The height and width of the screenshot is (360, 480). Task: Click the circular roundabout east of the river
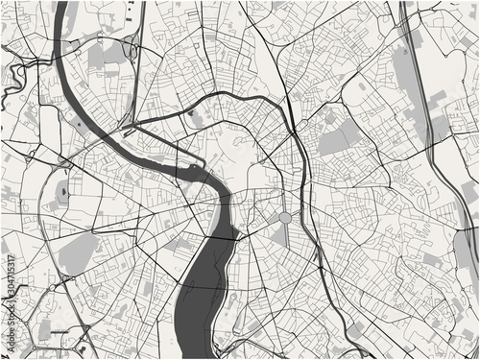[x=285, y=219]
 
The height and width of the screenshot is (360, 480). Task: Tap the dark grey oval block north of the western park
[x=64, y=193]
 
